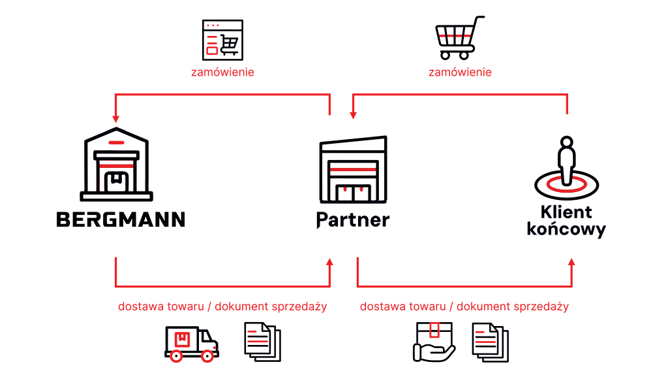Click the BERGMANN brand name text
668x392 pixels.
coord(121,220)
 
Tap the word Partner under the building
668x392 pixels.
coord(353,220)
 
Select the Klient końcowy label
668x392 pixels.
coord(566,221)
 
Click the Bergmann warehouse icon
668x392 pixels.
coord(116,164)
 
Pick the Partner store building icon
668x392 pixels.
coord(353,170)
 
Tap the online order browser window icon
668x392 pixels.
coord(222,40)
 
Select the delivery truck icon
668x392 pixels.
coord(192,344)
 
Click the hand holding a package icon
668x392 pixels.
coord(434,342)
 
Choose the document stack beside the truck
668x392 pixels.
coord(262,342)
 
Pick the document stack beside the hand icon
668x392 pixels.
coord(491,342)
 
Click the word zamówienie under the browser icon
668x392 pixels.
coord(222,72)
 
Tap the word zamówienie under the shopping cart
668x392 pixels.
coord(460,72)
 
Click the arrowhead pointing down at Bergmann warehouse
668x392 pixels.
coord(115,119)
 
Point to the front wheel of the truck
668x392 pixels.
coord(207,356)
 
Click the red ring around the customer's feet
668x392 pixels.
coord(567,184)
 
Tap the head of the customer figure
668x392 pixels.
coord(567,142)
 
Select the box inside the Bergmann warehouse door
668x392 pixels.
coord(116,182)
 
